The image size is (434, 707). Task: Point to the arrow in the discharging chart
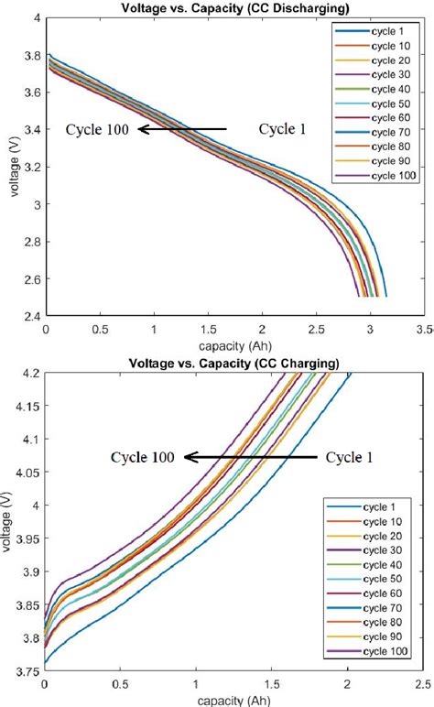pos(182,130)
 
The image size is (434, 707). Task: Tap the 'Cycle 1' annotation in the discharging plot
pos(282,130)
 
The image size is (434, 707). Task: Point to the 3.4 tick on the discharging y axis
pos(29,130)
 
